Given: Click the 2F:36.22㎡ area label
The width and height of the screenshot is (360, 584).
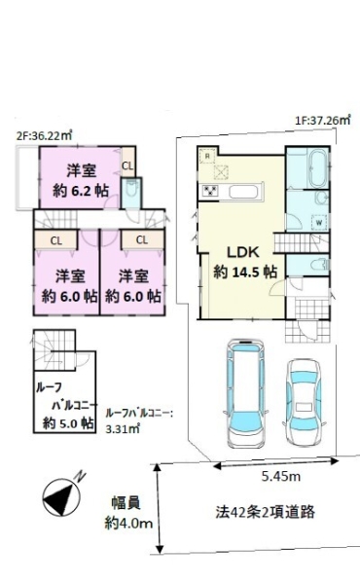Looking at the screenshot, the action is [x=45, y=136].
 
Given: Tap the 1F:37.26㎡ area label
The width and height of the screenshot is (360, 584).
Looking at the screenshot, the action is [x=322, y=121].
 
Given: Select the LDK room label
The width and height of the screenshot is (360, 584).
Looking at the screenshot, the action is [x=243, y=252].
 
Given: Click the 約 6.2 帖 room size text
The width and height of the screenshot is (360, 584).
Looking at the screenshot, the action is [x=81, y=191].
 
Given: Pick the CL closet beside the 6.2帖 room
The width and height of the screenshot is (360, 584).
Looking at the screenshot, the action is [x=127, y=165].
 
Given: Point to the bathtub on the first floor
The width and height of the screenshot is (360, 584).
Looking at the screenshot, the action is [x=317, y=168].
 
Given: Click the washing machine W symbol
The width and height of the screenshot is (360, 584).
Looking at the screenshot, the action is [x=319, y=222].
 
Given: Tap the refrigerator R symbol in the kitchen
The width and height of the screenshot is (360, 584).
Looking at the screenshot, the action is [x=207, y=157].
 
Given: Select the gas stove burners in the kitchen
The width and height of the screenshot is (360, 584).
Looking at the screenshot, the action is [x=210, y=192].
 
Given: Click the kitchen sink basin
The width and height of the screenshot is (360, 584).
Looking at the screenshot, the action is [x=242, y=193].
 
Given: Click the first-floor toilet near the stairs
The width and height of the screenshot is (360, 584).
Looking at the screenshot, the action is [x=320, y=265].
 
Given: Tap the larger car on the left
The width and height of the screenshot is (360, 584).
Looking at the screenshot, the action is [x=246, y=393].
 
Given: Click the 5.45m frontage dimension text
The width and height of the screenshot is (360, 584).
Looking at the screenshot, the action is [x=281, y=476].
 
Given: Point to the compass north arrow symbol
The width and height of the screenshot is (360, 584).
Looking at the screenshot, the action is [x=63, y=496].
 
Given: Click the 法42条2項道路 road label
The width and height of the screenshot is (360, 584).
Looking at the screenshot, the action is [x=265, y=512].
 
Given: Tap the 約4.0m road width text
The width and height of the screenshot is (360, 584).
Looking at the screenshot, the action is [x=128, y=524].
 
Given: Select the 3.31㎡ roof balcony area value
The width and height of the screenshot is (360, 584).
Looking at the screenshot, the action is [x=123, y=428].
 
